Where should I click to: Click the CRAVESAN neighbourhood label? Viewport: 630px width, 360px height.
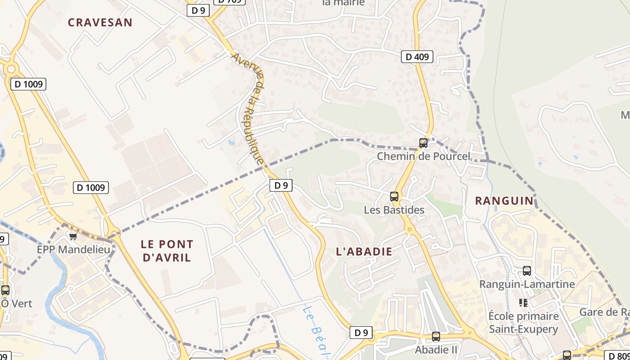(x=100, y=22)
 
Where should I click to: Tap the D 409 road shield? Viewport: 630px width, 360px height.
(x=417, y=57)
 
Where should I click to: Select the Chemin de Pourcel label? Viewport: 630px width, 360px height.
(x=423, y=157)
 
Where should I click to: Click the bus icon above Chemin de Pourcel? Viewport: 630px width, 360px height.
(x=423, y=143)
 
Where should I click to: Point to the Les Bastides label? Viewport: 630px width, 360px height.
(x=394, y=210)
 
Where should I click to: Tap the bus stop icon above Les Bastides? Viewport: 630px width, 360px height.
(x=394, y=196)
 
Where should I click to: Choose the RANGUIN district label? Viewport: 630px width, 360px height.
(x=504, y=201)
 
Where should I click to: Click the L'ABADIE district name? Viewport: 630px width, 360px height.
(x=364, y=252)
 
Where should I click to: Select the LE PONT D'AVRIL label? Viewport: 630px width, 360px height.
(x=167, y=251)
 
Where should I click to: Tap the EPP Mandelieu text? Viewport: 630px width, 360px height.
(x=73, y=249)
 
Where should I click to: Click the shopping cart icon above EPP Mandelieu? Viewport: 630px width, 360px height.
(x=73, y=236)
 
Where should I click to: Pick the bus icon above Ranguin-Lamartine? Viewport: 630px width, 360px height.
(x=527, y=271)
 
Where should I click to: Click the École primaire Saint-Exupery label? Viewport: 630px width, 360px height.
(x=524, y=323)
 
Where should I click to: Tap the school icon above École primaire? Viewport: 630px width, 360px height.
(x=523, y=303)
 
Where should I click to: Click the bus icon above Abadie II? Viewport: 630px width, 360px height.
(x=436, y=336)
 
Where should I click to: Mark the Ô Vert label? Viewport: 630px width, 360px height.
(x=17, y=303)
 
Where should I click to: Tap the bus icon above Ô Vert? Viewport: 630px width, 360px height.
(x=5, y=290)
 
